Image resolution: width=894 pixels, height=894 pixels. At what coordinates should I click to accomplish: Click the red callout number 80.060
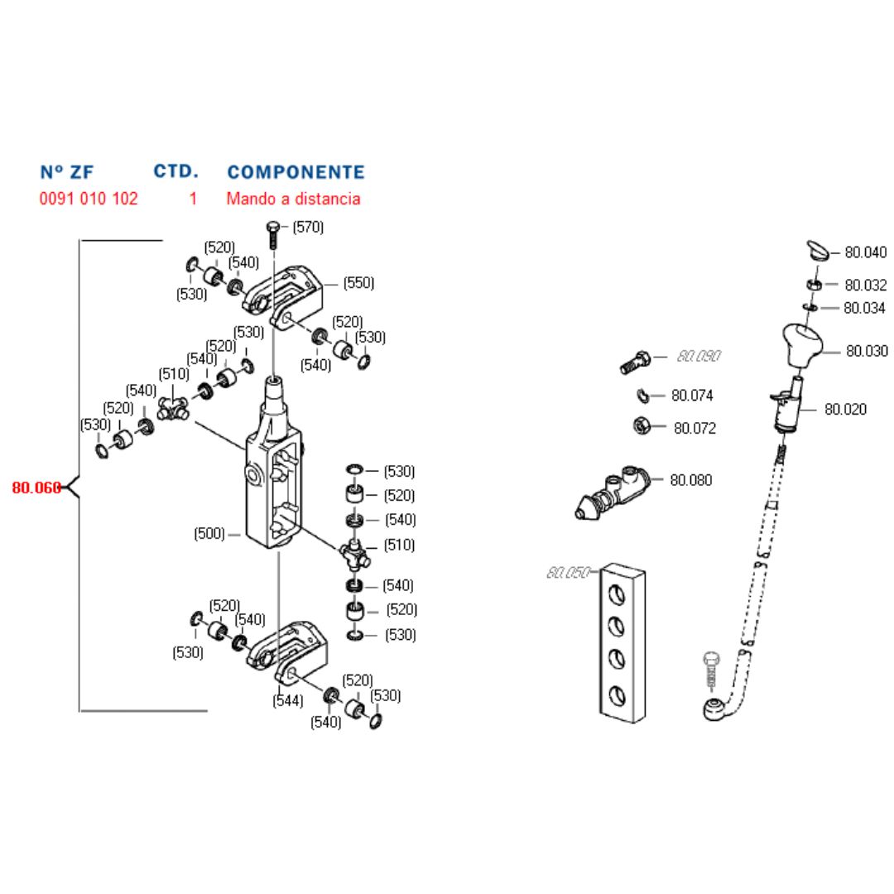[36, 488]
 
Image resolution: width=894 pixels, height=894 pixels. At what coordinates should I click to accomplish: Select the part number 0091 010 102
[89, 199]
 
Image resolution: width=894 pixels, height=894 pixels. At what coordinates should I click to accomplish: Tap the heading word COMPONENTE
[296, 172]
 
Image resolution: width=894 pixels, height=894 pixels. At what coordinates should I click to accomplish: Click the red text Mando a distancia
[293, 199]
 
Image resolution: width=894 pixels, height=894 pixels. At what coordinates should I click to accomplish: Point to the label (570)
[308, 227]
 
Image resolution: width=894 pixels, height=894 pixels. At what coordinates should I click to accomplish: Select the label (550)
[358, 282]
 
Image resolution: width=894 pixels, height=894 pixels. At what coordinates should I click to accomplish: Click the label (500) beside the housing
[209, 534]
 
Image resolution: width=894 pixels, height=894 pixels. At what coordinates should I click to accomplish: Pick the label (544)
[288, 700]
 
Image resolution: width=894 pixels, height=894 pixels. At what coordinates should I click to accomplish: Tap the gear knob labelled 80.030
[800, 345]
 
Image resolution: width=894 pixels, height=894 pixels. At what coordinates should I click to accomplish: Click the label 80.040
[865, 252]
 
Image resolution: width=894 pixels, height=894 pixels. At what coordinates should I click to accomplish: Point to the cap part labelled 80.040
[818, 249]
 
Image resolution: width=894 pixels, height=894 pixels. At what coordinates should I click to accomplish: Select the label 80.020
[845, 409]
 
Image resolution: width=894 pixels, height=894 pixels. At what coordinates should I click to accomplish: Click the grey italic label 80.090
[699, 356]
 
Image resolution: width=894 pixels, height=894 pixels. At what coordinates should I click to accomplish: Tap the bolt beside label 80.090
[636, 362]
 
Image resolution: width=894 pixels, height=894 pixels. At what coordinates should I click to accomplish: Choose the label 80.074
[692, 396]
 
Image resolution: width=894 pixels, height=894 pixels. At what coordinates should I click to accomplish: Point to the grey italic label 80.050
[568, 572]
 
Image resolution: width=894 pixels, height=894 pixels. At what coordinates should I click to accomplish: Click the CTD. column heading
[175, 171]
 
